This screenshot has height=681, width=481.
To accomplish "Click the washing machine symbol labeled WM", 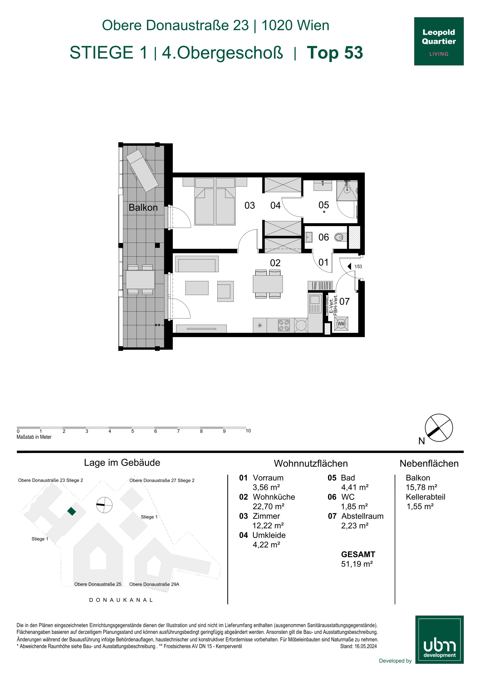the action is tap(341, 324).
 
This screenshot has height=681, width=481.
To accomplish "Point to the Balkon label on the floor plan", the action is tap(143, 207).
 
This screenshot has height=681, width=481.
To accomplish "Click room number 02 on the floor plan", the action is tap(275, 263).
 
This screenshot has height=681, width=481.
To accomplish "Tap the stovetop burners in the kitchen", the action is tap(284, 325).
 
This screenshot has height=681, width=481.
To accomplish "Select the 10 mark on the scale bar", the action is tap(248, 431).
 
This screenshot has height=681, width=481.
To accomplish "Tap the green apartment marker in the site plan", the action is tap(71, 511).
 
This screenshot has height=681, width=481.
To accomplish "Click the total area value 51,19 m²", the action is tap(357, 564).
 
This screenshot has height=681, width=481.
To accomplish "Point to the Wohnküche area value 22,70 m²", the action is tap(268, 506).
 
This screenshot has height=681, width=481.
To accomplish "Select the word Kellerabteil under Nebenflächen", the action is tap(425, 497).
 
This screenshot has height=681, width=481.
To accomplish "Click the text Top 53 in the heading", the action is tap(335, 53).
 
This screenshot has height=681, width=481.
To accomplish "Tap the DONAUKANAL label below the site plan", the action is tap(121, 600).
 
